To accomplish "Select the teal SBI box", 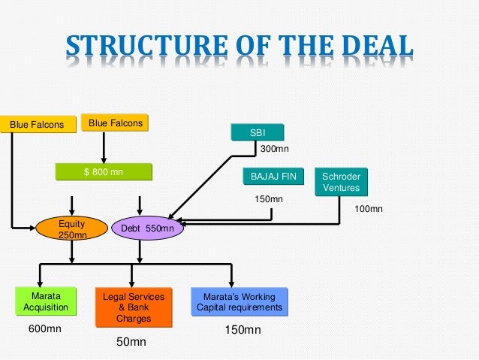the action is pos(258,133).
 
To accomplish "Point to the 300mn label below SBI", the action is pos(274,150).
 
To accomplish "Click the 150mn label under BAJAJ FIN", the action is pos(269,199).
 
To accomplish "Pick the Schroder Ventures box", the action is pos(340,182).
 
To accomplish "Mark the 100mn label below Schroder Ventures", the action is pos(368,208).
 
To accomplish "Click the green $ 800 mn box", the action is pos(104,172).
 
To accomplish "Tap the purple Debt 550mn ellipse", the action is pos(146,228).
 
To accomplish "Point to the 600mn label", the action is pos(44,329).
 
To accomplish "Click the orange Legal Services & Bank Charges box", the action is pos(134,308).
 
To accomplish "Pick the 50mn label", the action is pos(131,342).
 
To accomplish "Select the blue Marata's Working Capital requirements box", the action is pos(239,302).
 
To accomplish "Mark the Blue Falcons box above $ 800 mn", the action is pos(115,123).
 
